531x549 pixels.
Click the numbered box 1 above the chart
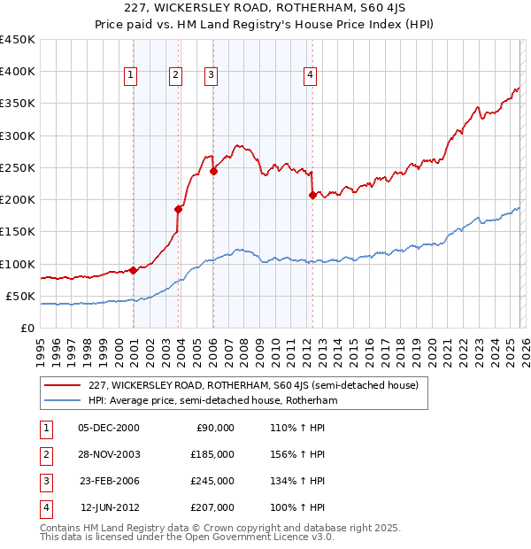coord(130,76)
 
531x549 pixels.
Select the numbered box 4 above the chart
coord(311,76)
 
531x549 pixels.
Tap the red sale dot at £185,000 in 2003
coord(179,209)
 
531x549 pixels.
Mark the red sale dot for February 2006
coord(213,171)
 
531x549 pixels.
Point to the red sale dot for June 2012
coord(312,195)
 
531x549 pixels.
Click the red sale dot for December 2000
coord(133,270)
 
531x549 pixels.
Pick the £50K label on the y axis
coord(21,296)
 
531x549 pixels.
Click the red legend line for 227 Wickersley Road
coord(62,385)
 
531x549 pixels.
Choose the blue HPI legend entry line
coord(62,400)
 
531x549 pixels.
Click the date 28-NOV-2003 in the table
coord(109,453)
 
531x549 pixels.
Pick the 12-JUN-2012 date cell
coord(109,507)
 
